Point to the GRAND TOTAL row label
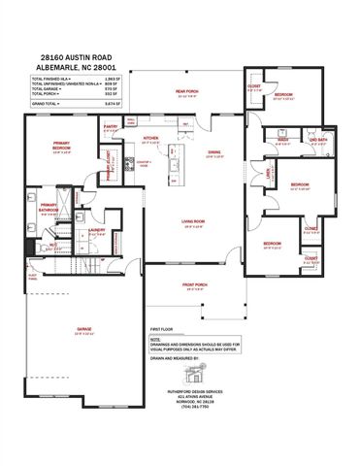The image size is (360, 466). (45, 101)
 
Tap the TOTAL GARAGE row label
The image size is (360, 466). (48, 88)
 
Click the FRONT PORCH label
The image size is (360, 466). (196, 284)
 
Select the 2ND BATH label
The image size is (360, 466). (317, 141)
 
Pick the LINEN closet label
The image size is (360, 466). (267, 174)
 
